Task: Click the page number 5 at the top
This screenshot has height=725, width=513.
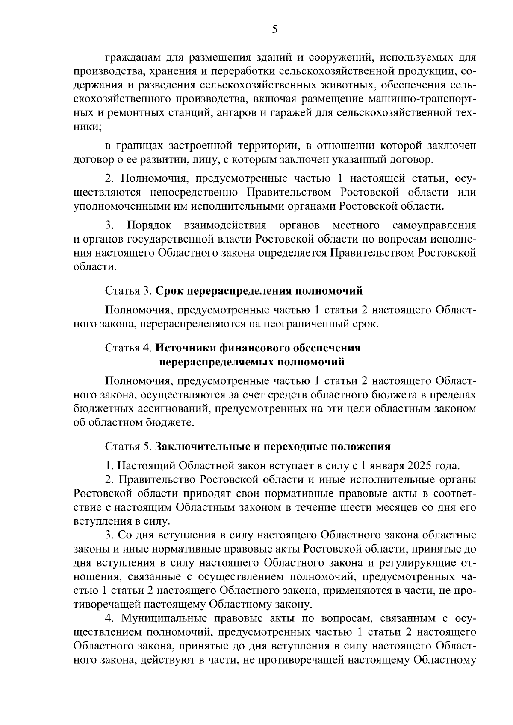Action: point(274,29)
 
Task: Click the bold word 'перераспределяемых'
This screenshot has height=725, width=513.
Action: point(216,362)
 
